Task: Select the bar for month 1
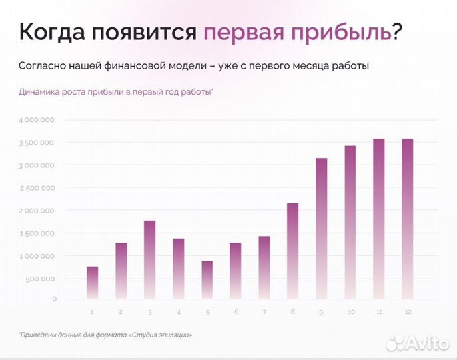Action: (92, 283)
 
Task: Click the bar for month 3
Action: (149, 259)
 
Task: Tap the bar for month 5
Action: (207, 279)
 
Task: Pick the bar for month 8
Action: (292, 251)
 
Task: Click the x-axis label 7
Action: (264, 312)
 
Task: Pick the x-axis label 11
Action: (378, 312)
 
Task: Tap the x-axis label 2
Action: (121, 312)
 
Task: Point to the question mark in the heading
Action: (398, 32)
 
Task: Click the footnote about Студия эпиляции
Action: (109, 334)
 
